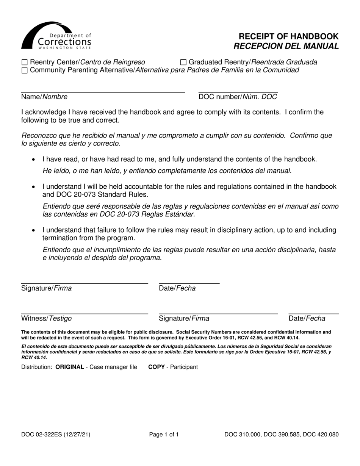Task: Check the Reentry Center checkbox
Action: [25, 62]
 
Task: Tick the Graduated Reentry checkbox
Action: [183, 62]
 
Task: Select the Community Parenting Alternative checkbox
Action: [25, 70]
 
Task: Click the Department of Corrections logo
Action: [56, 36]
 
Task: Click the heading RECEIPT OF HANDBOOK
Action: [288, 36]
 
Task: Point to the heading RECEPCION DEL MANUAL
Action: [286, 46]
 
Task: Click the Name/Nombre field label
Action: [44, 97]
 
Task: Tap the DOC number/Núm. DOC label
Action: [238, 97]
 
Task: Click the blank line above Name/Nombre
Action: [103, 92]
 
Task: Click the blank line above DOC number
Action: [238, 92]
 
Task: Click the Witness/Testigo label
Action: [46, 319]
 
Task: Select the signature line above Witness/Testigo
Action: [85, 313]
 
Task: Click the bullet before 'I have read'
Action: [35, 160]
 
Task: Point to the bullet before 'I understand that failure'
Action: [35, 230]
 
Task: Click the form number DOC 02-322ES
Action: [56, 435]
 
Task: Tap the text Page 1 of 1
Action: [164, 435]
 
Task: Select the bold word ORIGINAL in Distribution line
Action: [70, 367]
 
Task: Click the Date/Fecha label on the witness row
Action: [307, 319]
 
